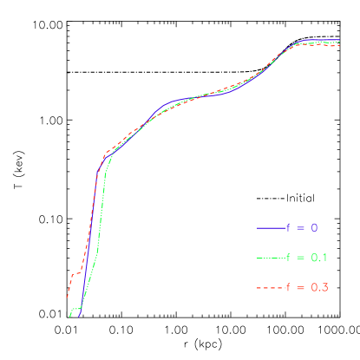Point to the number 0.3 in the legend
[x=319, y=287]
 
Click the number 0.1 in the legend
[x=319, y=258]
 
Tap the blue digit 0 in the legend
[x=314, y=228]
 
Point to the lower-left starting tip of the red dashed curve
[x=67, y=298]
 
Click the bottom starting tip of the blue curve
[x=79, y=317]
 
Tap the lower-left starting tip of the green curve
[x=70, y=317]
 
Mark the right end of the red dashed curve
[x=339, y=45]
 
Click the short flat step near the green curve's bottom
[x=76, y=309]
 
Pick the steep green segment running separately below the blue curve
[x=100, y=217]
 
